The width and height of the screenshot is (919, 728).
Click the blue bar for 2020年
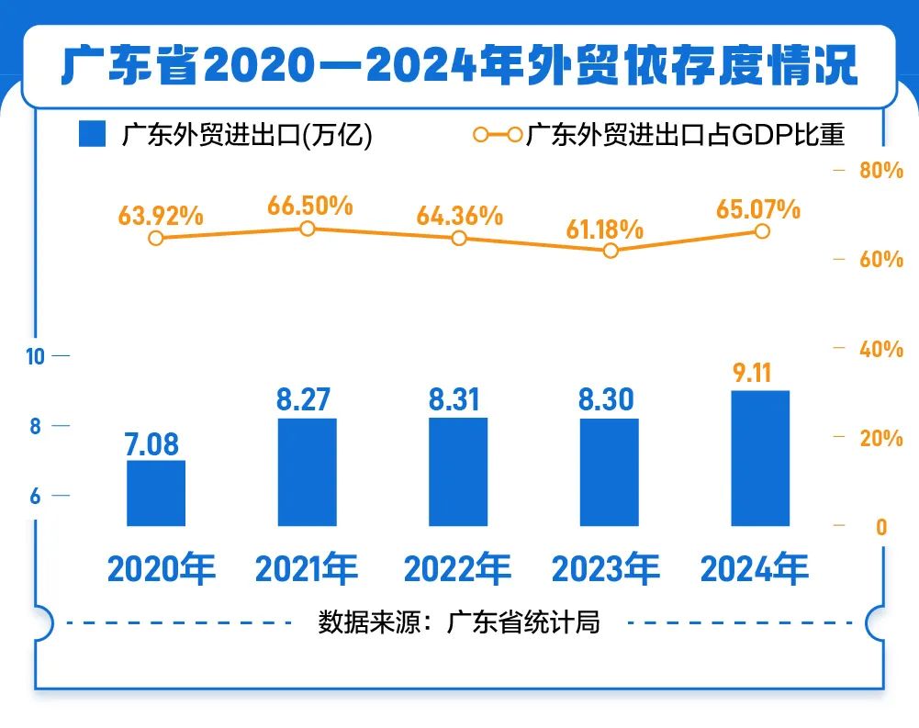156,493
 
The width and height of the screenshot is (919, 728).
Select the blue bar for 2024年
760,458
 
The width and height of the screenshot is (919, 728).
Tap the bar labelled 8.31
458,472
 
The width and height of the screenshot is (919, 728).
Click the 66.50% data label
310,206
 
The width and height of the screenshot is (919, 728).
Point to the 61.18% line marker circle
611,250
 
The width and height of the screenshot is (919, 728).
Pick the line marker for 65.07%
762,231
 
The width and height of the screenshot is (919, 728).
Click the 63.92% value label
161,216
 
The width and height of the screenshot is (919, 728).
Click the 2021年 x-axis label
307,570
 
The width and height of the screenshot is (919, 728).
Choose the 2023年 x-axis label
605,570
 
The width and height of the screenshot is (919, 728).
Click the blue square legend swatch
93,135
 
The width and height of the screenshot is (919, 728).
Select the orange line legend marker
497,135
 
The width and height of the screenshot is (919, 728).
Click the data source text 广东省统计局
523,622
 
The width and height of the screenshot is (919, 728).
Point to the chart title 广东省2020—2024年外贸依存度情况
459,66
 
